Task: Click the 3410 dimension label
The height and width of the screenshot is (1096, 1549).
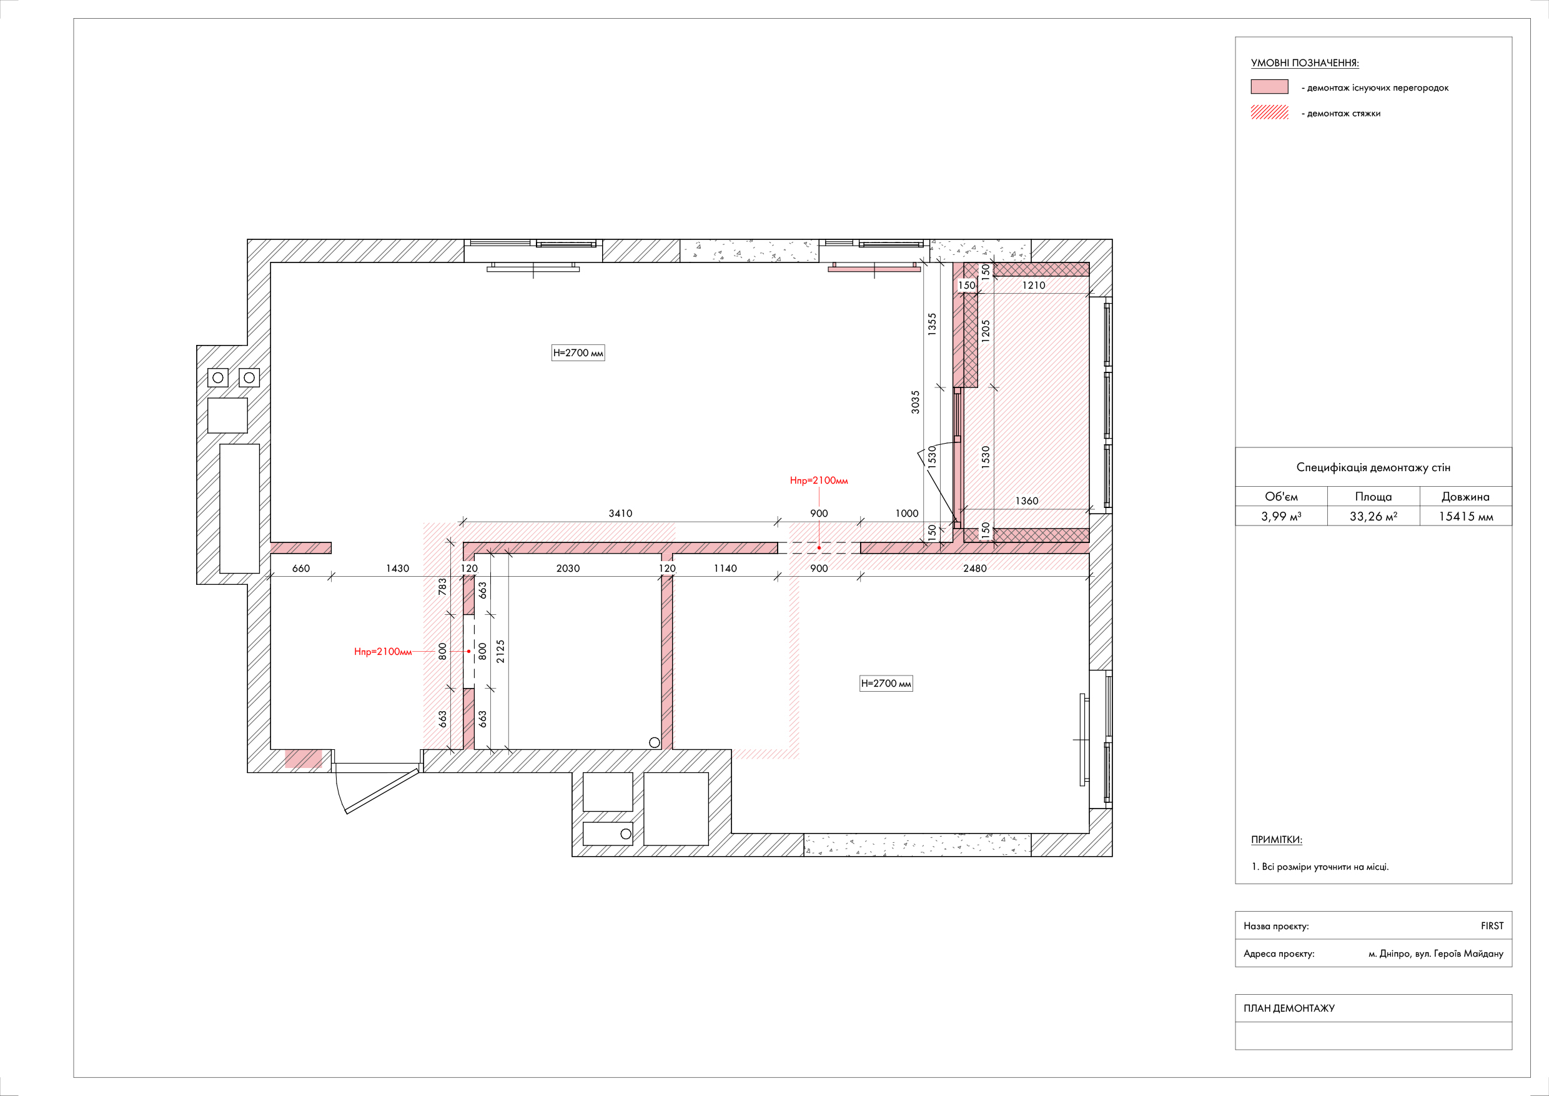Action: pos(620,514)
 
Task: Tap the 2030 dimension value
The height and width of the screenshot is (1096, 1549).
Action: pos(567,568)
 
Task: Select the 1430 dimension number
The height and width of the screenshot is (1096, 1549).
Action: pos(397,568)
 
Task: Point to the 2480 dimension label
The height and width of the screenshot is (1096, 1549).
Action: pos(974,568)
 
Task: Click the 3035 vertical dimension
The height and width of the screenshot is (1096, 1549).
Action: pos(915,402)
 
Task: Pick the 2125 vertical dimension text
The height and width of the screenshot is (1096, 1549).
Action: pos(500,651)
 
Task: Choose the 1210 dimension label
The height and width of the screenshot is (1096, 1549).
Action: pos(1033,286)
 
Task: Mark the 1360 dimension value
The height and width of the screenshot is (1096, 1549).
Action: pos(1026,501)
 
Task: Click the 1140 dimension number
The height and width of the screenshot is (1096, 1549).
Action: pos(725,568)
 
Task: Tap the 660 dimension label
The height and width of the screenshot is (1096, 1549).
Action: pos(301,568)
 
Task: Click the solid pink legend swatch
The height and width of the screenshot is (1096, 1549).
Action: pos(1269,87)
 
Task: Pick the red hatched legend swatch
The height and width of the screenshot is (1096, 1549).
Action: pos(1269,112)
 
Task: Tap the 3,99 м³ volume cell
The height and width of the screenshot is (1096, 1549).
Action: pos(1280,516)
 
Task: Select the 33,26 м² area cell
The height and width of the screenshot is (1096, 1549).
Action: pos(1373,516)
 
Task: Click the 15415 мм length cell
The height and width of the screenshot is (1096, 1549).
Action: pos(1465,516)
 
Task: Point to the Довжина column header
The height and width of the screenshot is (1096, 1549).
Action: pos(1465,497)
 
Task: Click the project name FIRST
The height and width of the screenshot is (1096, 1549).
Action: pos(1492,926)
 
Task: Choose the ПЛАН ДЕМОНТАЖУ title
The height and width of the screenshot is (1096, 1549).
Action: pos(1289,1009)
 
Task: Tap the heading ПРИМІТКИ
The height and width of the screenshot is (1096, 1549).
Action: pos(1277,840)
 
